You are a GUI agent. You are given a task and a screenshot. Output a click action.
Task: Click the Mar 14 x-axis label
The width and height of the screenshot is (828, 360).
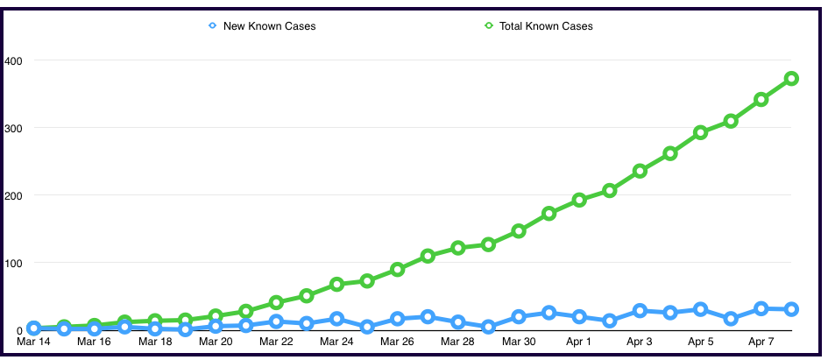[x=33, y=342]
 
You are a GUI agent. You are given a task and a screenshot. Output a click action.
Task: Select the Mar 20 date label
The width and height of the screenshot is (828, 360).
[x=216, y=342]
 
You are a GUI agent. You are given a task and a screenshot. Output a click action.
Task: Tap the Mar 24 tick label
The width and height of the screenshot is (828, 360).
[x=336, y=342]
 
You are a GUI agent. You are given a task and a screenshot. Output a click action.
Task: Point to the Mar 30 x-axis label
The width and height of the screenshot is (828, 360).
[x=519, y=342]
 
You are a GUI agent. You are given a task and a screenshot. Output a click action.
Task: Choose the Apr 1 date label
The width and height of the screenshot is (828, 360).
[x=579, y=342]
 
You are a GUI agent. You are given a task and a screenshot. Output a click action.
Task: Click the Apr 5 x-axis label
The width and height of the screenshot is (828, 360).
[x=700, y=342]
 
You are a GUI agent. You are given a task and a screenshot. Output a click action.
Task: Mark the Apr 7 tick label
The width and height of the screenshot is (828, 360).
[x=761, y=342]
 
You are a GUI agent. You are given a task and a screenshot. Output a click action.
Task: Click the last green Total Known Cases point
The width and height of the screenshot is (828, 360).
[x=791, y=79]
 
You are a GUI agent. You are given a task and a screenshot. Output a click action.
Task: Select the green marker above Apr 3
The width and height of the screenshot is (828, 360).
[x=640, y=171]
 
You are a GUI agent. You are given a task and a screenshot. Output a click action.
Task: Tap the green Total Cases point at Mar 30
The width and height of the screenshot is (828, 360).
[x=519, y=230]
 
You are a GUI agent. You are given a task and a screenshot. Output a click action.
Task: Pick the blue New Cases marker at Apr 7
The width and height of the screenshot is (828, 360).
[x=761, y=308]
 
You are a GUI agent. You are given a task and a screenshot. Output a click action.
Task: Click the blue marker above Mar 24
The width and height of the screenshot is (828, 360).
[x=336, y=319]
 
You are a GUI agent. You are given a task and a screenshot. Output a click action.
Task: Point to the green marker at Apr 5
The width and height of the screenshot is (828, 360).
[x=700, y=132]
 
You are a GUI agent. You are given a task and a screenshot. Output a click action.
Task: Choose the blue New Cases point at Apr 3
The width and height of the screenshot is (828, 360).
[x=640, y=311]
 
